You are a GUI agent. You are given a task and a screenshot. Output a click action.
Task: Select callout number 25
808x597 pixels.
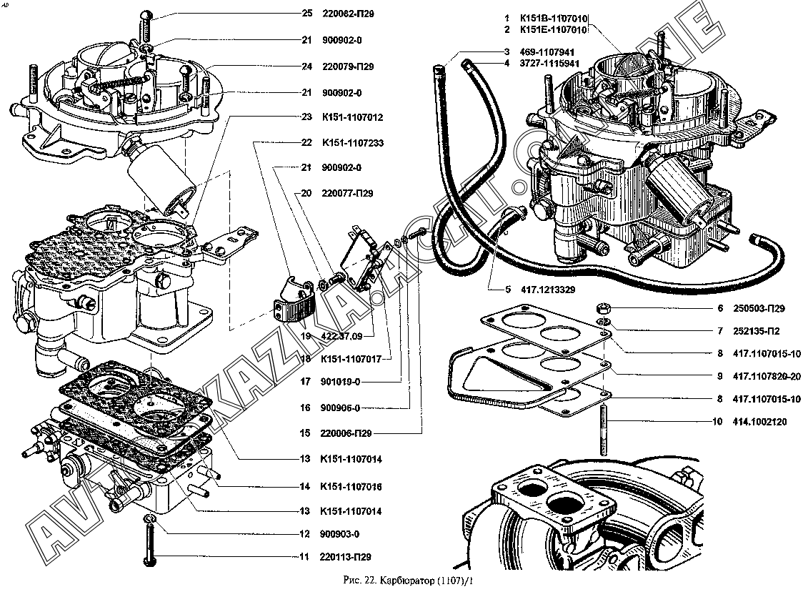(x=307, y=14)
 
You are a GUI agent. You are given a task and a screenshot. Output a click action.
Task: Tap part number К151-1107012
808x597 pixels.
(x=353, y=117)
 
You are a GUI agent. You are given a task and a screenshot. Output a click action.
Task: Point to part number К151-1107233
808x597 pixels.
(x=353, y=143)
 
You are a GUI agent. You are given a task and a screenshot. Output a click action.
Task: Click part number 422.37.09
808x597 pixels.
(x=342, y=335)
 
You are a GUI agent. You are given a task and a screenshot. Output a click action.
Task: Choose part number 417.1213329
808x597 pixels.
(x=549, y=290)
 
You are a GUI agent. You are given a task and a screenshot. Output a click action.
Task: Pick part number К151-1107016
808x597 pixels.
(x=352, y=487)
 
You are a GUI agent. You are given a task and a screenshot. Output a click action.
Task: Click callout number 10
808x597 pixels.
(x=717, y=422)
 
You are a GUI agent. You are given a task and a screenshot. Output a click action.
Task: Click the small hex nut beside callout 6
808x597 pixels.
(x=602, y=309)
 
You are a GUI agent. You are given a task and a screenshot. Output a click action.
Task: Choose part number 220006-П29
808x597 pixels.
(x=347, y=433)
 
